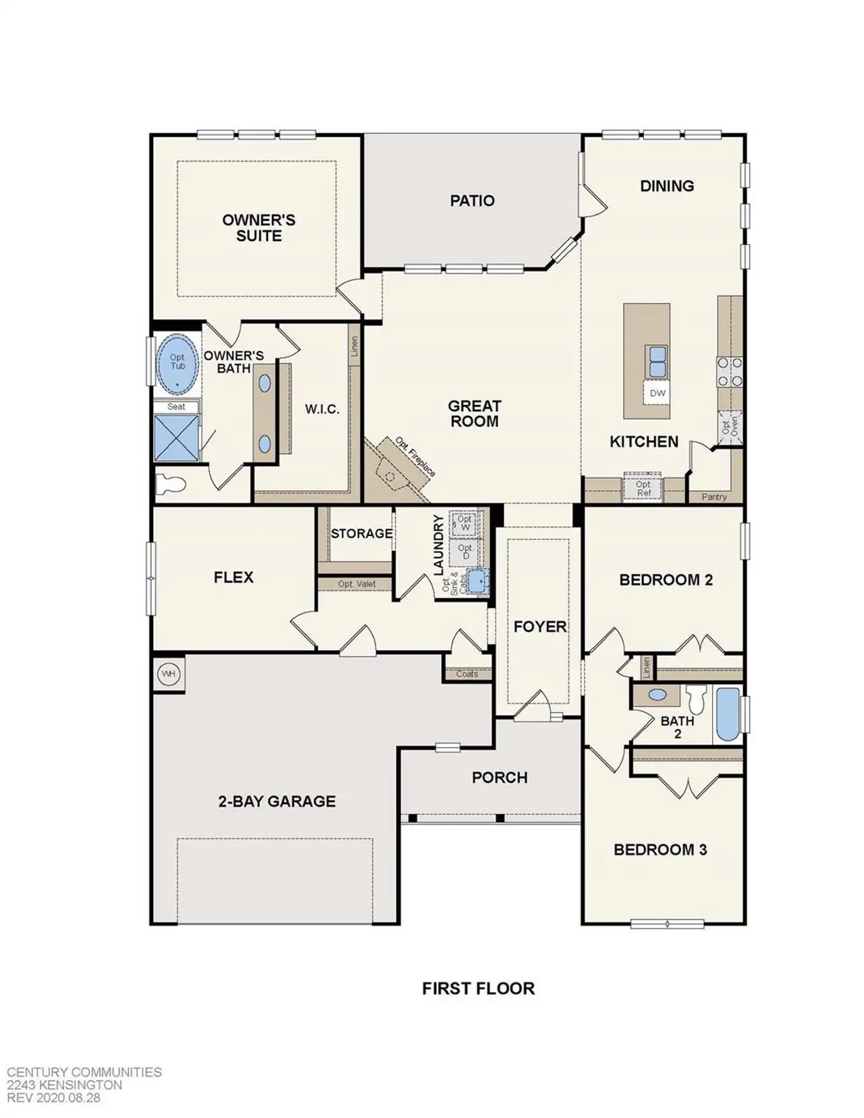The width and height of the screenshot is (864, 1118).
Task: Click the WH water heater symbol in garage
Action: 168,673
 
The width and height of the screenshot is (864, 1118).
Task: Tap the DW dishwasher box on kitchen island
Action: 657,393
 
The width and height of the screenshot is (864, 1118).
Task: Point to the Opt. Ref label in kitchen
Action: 643,488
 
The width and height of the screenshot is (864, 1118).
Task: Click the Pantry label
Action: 714,497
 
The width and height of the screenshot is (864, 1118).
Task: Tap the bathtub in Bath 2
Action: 727,714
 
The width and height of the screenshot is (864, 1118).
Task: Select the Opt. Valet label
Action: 356,584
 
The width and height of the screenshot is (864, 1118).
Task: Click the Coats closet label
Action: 467,674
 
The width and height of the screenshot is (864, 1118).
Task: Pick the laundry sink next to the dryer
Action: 479,579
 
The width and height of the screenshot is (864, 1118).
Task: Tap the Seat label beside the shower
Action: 176,406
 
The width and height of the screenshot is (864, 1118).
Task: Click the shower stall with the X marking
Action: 177,437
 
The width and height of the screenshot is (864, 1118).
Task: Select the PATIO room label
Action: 472,201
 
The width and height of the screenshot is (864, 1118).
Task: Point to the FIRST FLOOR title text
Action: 478,988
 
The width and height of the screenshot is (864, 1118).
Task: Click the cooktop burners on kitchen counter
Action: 730,371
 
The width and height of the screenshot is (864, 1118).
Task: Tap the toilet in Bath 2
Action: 695,699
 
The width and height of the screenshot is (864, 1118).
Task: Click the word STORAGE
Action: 361,533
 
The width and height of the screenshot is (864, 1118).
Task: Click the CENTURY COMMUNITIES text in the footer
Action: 84,1072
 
